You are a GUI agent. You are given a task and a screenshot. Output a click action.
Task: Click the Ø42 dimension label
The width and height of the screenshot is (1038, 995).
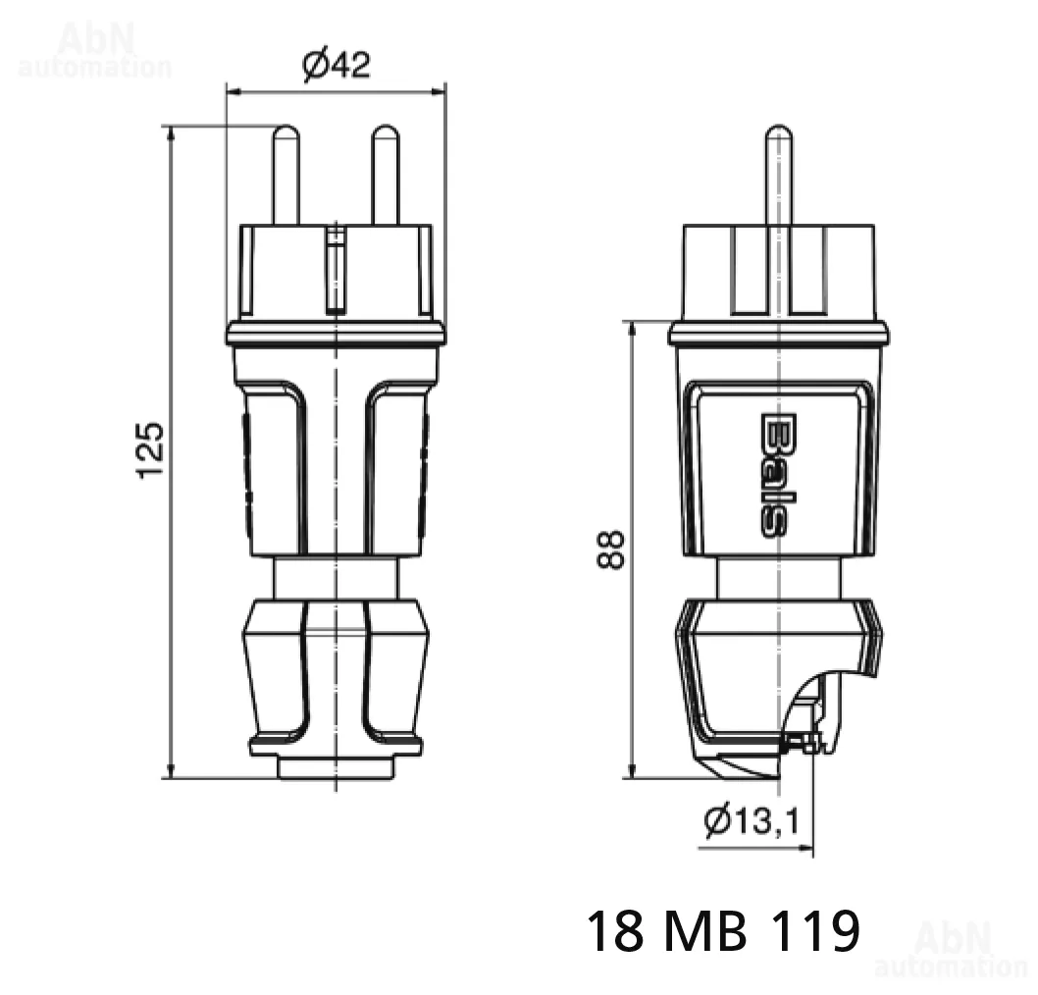(x=337, y=65)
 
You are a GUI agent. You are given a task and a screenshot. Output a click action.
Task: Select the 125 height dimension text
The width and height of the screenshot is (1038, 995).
(x=149, y=449)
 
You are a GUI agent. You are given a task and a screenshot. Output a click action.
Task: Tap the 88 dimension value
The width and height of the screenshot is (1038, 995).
(x=610, y=550)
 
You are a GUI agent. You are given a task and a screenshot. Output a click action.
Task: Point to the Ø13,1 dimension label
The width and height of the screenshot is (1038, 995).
(x=753, y=821)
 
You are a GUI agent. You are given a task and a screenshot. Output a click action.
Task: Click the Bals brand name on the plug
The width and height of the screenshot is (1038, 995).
(x=772, y=475)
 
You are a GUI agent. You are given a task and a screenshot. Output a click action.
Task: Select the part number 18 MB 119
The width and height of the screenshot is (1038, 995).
(x=723, y=931)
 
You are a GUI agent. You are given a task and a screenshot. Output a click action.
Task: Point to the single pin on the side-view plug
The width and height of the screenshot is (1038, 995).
(x=779, y=176)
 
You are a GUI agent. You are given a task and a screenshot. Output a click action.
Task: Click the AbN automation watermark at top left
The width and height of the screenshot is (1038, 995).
(x=94, y=50)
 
